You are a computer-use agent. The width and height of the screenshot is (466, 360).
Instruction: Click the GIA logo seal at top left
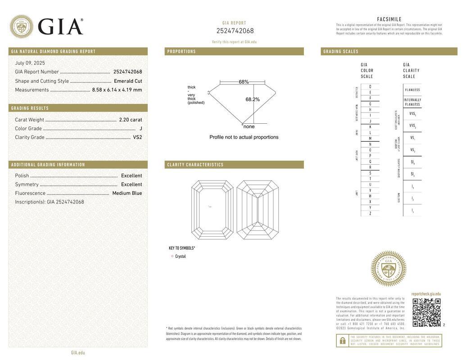[x=21, y=27]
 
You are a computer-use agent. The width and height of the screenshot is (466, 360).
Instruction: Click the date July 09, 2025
[x=30, y=63]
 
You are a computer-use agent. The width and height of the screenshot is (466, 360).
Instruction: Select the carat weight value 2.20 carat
[x=130, y=120]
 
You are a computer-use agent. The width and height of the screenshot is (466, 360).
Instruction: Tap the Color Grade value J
[x=140, y=129]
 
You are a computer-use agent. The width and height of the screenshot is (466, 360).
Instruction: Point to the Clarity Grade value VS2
[x=137, y=137]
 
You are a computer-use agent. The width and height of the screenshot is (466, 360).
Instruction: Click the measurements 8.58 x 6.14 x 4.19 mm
[x=117, y=90]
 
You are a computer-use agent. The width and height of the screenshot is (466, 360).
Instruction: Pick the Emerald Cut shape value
[x=128, y=81]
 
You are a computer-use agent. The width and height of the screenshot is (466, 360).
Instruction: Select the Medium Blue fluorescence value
[x=127, y=193]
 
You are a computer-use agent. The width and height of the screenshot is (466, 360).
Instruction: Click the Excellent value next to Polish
[x=131, y=175]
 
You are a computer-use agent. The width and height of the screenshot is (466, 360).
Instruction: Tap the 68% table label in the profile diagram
[x=244, y=82]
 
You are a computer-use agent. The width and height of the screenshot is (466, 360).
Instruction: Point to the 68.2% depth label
[x=252, y=99]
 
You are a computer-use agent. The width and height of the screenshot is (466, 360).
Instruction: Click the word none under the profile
[x=249, y=126]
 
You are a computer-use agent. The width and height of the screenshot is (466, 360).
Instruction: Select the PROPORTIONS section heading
[x=181, y=52]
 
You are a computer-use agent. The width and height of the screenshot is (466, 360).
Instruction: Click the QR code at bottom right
[x=426, y=312]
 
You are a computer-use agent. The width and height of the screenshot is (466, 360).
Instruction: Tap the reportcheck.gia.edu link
[x=426, y=294]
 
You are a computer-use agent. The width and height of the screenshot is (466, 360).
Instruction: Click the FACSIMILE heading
[x=389, y=19]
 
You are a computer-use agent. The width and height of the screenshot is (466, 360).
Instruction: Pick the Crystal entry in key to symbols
[x=180, y=256]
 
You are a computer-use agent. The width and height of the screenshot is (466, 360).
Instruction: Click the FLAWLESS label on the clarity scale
[x=412, y=90]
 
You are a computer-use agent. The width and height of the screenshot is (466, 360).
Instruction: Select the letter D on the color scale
[x=370, y=86]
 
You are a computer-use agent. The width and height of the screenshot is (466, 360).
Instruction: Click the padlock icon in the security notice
[x=342, y=341]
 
